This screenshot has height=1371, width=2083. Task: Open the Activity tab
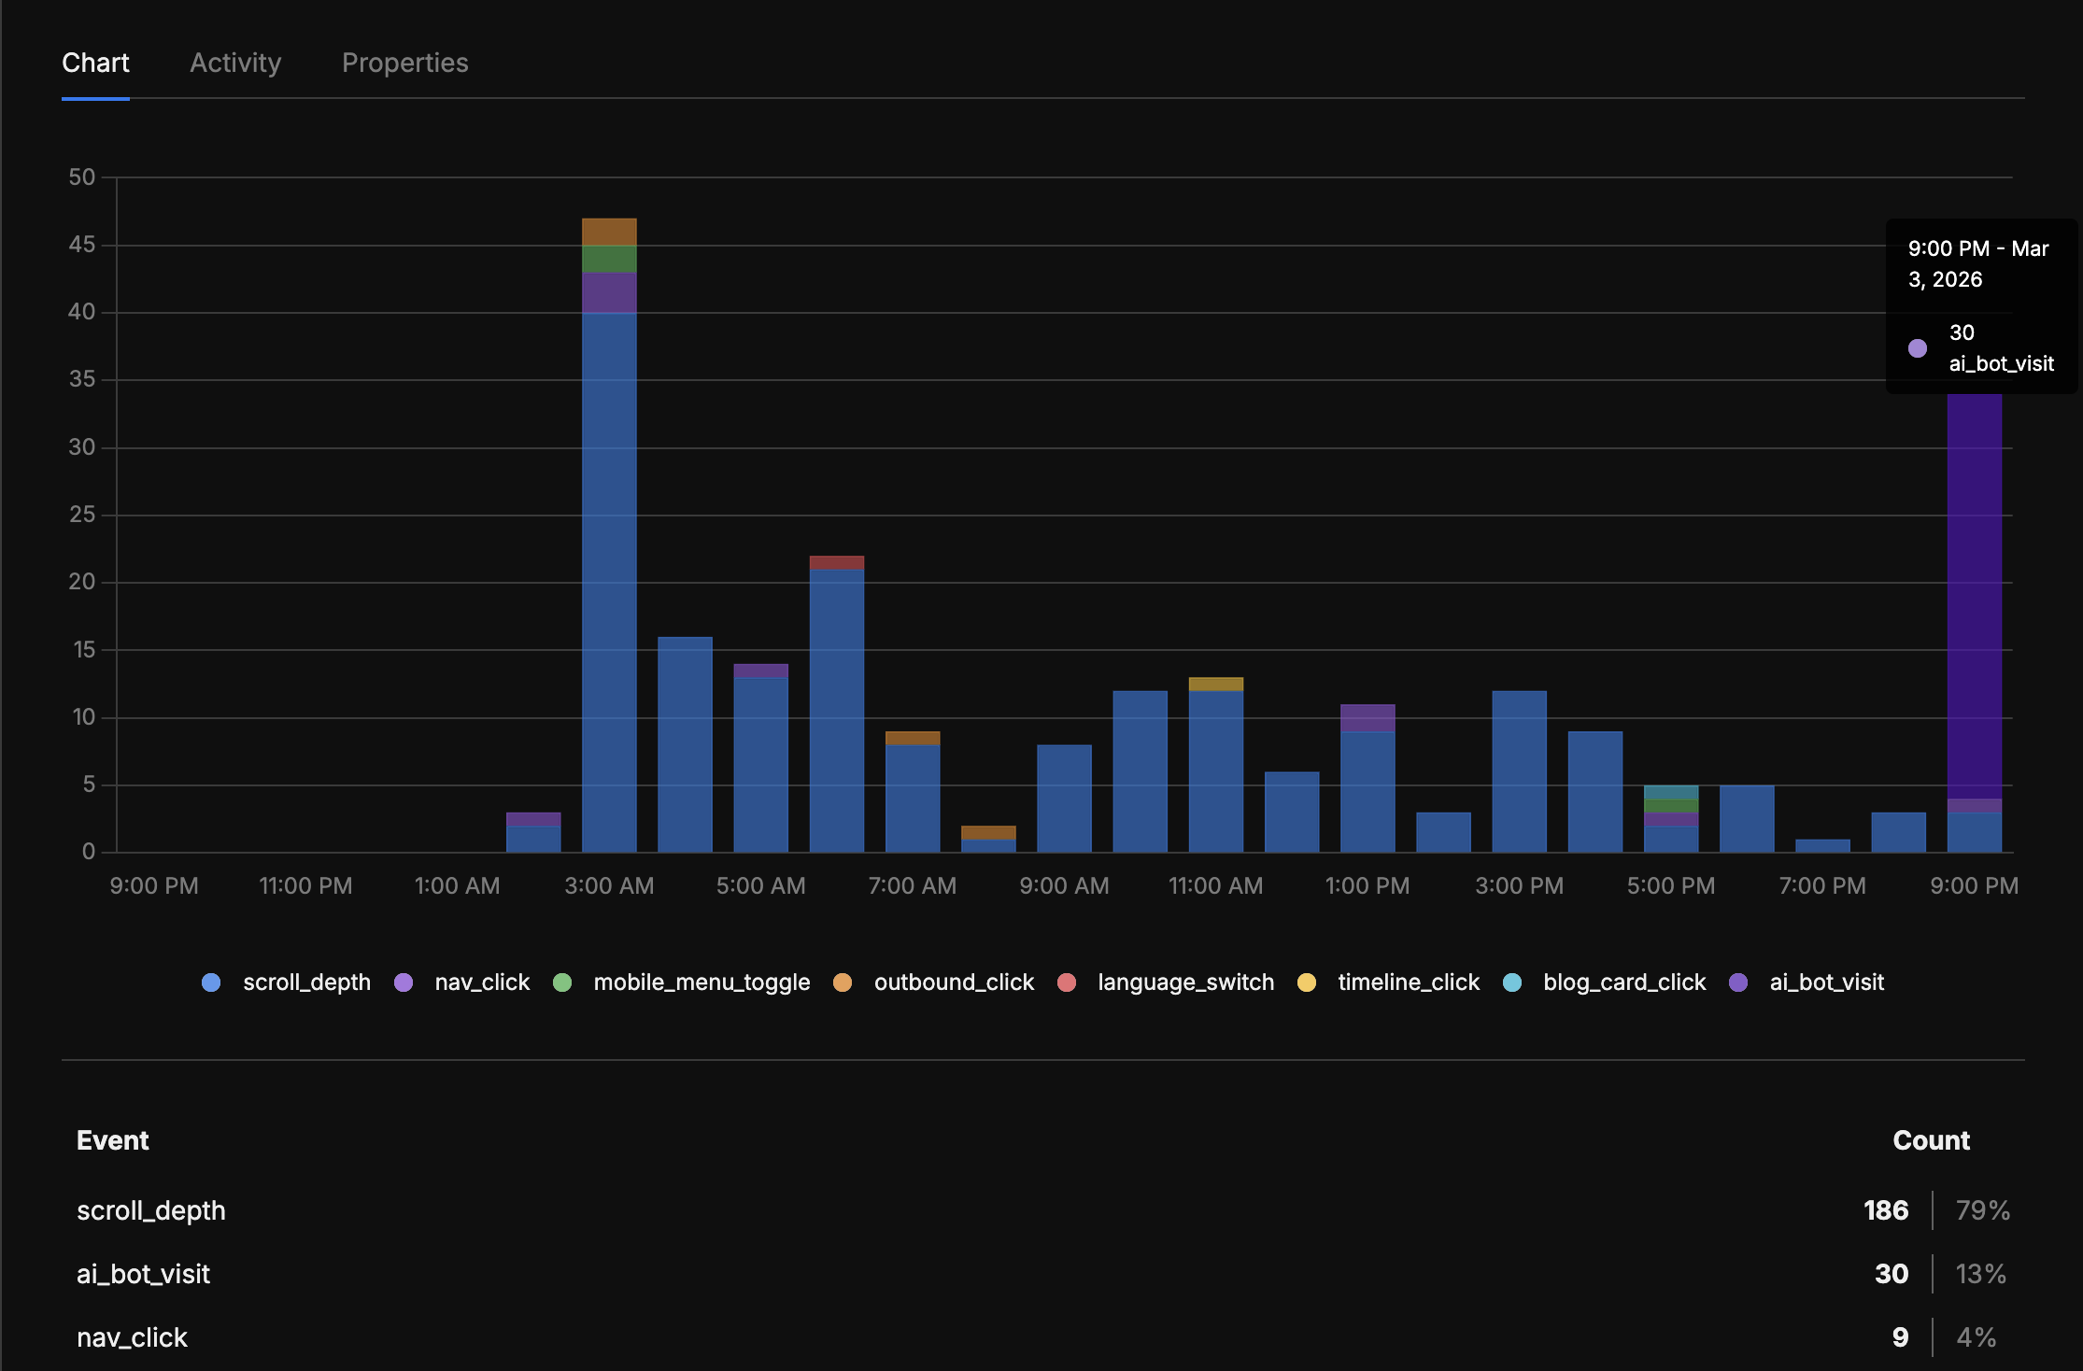(x=235, y=63)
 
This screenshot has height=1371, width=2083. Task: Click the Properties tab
(x=404, y=63)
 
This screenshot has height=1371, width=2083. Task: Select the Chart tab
(x=95, y=63)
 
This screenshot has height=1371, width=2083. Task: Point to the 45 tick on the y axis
(x=82, y=245)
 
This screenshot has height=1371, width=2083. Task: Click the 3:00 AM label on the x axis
(x=609, y=885)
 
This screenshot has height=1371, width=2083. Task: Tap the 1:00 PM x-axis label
(x=1367, y=885)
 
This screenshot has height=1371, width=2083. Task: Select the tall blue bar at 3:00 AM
(x=609, y=579)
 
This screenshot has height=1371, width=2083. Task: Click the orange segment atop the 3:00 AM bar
(x=609, y=232)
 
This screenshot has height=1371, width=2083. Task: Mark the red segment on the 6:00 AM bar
(x=837, y=562)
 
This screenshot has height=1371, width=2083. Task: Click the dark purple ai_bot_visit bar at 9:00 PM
(x=1975, y=598)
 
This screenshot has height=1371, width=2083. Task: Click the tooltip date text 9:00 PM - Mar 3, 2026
(x=1977, y=264)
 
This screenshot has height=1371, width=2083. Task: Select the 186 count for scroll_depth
(x=1886, y=1210)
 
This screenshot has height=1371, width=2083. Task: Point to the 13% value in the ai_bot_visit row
(x=1981, y=1274)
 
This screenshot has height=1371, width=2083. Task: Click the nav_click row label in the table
(x=132, y=1337)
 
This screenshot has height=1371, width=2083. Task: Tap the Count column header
(x=1931, y=1140)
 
